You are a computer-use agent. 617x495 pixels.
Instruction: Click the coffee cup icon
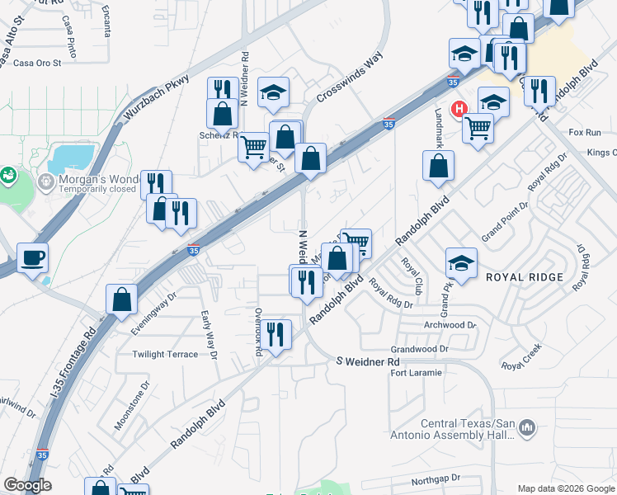point(32,258)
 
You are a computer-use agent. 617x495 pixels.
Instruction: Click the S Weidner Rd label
point(369,362)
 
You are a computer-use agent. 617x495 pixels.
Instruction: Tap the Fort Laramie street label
point(416,373)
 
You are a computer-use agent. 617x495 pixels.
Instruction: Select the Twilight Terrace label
point(165,355)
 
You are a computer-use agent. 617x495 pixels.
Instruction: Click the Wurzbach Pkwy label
point(155,98)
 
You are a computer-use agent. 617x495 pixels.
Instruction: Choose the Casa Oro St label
point(25,63)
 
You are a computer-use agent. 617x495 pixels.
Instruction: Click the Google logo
point(27,485)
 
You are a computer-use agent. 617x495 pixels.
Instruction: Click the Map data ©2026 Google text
point(565,488)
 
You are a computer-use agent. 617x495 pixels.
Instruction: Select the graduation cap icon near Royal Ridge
point(462,264)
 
